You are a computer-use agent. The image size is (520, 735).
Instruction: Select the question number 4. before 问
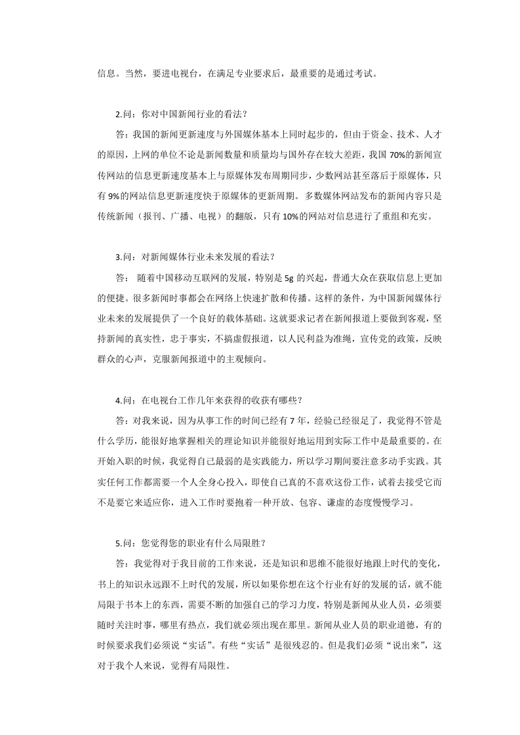pyautogui.click(x=118, y=400)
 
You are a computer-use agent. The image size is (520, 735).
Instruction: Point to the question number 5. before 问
pyautogui.click(x=118, y=542)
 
